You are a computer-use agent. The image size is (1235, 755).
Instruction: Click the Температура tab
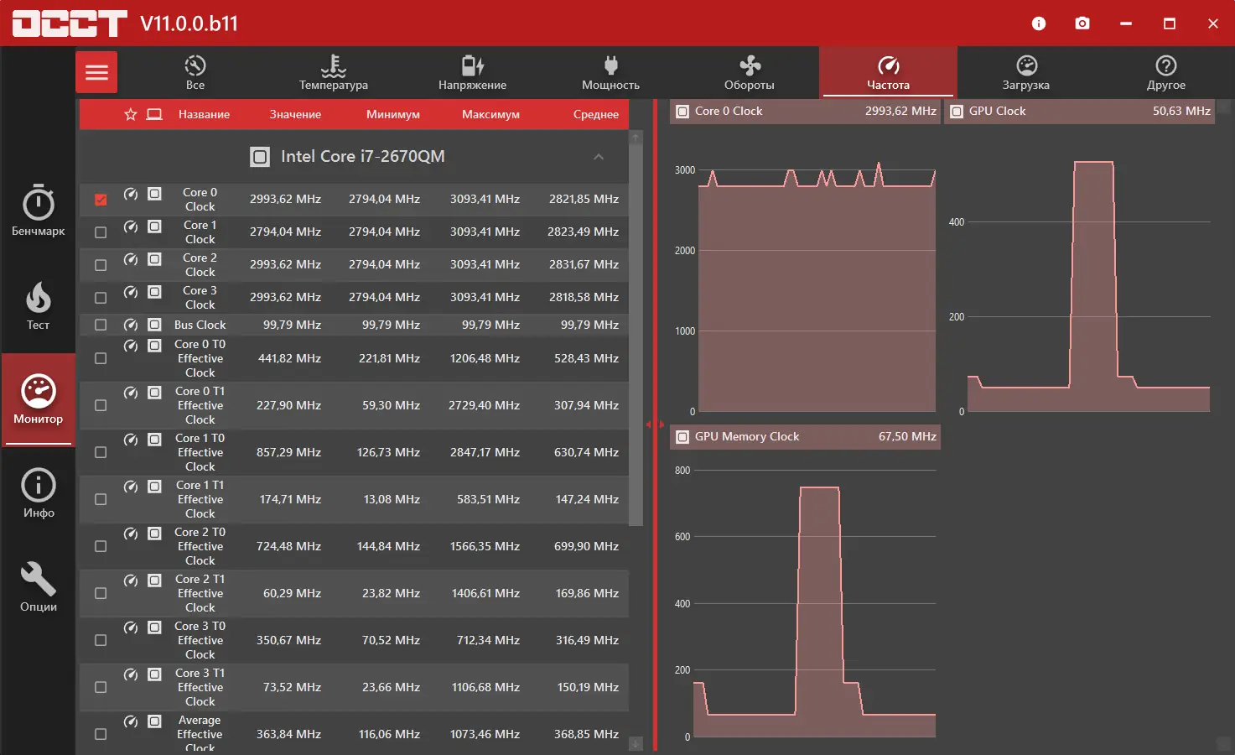(333, 72)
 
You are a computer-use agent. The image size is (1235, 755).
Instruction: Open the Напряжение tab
(472, 72)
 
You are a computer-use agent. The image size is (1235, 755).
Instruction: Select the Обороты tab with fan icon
(750, 72)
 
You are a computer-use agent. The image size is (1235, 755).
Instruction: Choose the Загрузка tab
(1025, 72)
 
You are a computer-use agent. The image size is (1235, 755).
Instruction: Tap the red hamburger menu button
(96, 72)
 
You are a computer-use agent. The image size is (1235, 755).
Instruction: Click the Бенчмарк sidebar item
(39, 211)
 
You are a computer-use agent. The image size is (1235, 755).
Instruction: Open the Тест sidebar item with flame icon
(39, 305)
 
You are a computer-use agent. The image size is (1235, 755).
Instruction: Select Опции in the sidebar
(39, 586)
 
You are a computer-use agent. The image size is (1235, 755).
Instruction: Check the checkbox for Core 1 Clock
(101, 232)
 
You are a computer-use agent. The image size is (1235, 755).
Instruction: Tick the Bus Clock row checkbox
(101, 325)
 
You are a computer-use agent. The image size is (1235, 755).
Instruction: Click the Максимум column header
(490, 114)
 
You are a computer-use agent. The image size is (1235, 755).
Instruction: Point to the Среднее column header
(595, 114)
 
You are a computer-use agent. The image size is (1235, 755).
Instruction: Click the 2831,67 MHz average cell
(584, 264)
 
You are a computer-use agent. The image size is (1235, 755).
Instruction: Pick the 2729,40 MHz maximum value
(484, 405)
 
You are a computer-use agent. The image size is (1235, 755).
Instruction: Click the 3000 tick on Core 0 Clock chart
(685, 170)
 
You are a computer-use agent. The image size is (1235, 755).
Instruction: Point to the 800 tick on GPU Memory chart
(682, 471)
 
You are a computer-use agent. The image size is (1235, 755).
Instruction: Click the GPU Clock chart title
(997, 111)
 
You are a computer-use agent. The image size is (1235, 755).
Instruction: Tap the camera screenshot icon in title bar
(1082, 23)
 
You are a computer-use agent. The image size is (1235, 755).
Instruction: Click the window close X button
(1212, 23)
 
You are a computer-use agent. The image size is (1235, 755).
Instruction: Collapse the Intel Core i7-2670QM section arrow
(599, 157)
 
